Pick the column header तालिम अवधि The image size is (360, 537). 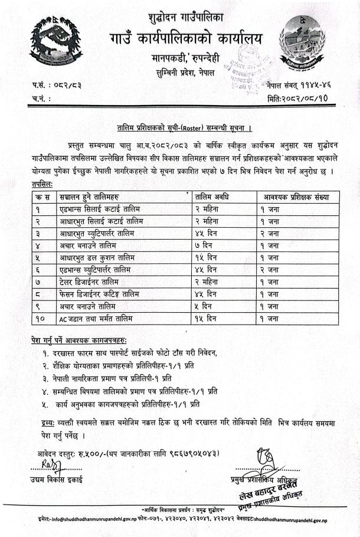tap(215, 197)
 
